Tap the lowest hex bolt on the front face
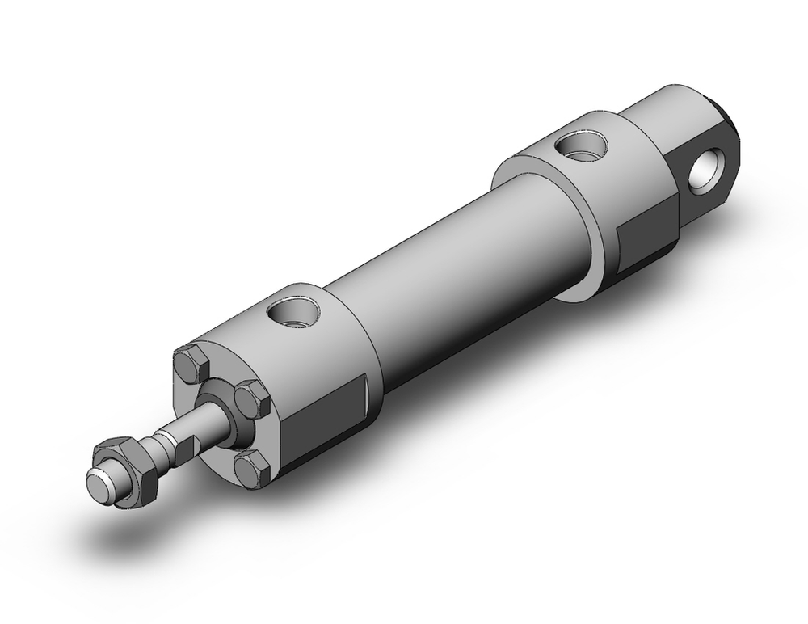point(254,468)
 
